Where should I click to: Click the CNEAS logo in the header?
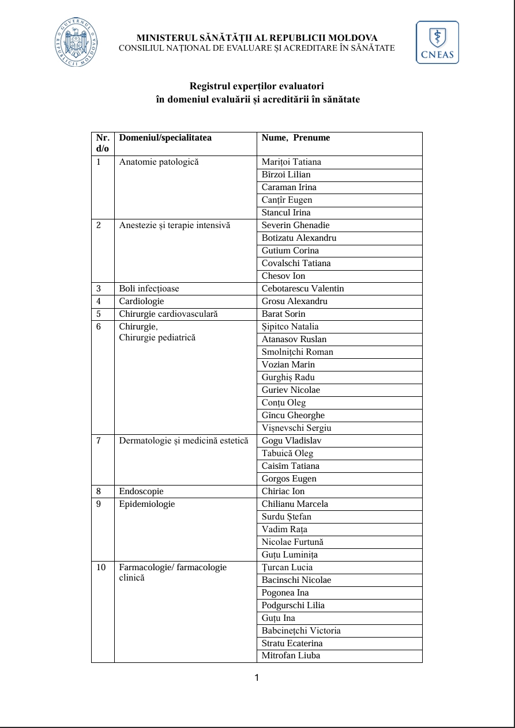[437, 43]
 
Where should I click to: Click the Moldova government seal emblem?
[76, 43]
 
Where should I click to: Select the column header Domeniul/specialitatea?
[165, 138]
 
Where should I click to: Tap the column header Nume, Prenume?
[296, 138]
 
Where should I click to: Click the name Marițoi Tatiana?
[291, 162]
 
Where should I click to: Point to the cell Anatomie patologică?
[159, 162]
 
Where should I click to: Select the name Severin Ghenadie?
[296, 225]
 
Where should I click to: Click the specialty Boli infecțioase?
[149, 289]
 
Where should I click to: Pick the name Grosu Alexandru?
[295, 301]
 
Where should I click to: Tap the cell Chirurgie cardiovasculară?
[168, 314]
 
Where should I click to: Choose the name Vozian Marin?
[288, 365]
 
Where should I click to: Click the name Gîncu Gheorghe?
[293, 415]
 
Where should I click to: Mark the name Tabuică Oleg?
[287, 453]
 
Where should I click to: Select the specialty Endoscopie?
[141, 491]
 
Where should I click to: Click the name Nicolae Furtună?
[292, 542]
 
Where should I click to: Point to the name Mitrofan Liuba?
[291, 655]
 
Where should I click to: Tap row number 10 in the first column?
[101, 567]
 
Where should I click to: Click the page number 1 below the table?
[257, 677]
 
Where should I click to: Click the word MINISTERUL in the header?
[166, 38]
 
